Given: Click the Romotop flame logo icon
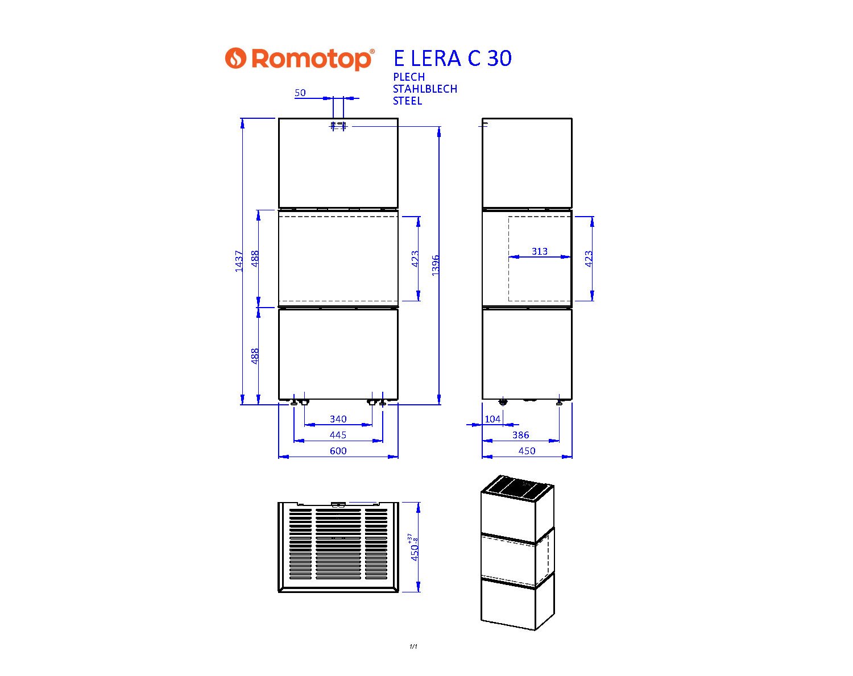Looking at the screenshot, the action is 235,58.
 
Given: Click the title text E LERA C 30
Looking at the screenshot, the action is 452,58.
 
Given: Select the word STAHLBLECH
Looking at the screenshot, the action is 425,89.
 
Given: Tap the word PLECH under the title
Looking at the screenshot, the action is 409,77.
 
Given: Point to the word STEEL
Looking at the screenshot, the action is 408,101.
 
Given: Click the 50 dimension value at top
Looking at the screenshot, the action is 300,93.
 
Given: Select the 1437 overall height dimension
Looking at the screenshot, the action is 239,261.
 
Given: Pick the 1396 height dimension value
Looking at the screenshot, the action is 435,266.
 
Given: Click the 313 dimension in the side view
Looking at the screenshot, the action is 540,251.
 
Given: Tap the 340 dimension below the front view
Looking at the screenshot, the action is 338,419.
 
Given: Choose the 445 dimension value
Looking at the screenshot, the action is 338,435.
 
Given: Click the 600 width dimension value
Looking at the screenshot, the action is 338,450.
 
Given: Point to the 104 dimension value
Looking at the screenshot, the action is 492,419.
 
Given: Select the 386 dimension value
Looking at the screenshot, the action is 520,435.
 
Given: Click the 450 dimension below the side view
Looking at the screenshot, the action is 527,450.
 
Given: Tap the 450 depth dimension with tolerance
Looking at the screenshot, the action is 414,547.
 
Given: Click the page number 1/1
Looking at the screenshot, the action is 413,646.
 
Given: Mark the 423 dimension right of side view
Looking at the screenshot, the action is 589,259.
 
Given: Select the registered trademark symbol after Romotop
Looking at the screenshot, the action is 371,51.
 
